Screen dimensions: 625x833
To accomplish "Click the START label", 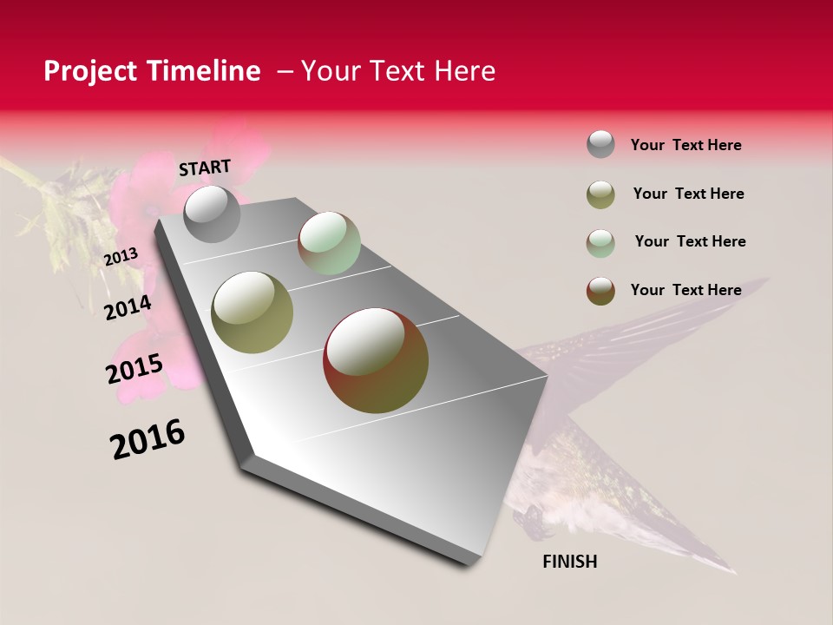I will pyautogui.click(x=205, y=168).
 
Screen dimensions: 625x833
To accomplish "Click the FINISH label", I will pyautogui.click(x=569, y=562).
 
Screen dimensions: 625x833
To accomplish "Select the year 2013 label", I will pyautogui.click(x=121, y=257).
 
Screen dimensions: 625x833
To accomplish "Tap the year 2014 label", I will pyautogui.click(x=128, y=307).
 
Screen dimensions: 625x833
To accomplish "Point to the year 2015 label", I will pyautogui.click(x=134, y=369).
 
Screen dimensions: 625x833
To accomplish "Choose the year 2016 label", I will pyautogui.click(x=148, y=439).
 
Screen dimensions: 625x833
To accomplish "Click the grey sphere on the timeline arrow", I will pyautogui.click(x=212, y=214).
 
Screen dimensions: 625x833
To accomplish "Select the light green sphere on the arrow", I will pyautogui.click(x=329, y=243).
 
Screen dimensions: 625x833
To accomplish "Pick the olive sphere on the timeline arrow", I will pyautogui.click(x=253, y=312).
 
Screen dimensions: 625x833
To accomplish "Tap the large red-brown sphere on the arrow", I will pyautogui.click(x=376, y=360).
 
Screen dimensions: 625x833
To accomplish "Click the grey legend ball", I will pyautogui.click(x=600, y=144).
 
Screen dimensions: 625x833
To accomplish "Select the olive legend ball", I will pyautogui.click(x=600, y=194).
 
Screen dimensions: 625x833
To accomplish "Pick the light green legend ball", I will pyautogui.click(x=600, y=243).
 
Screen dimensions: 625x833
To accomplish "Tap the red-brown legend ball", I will pyautogui.click(x=600, y=291).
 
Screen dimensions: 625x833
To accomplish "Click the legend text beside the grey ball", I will pyautogui.click(x=685, y=145).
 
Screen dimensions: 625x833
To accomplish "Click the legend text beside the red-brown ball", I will pyautogui.click(x=685, y=290).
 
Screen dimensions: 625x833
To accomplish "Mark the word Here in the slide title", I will pyautogui.click(x=464, y=71).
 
